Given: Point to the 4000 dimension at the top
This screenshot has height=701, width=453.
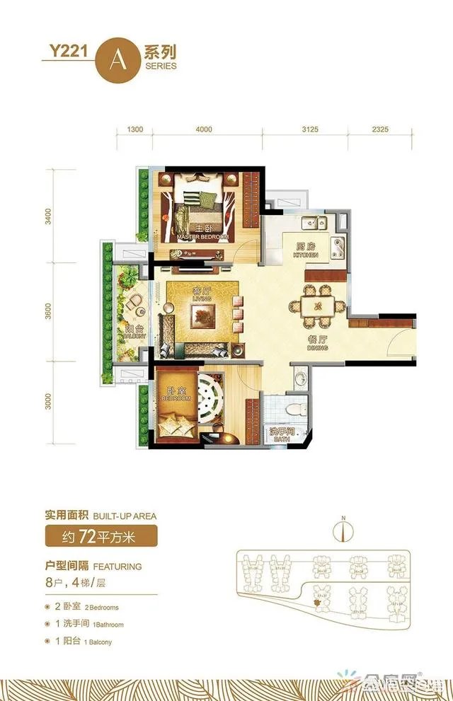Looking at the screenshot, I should coord(203,129).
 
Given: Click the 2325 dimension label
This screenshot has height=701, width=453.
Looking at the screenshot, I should coord(379,129).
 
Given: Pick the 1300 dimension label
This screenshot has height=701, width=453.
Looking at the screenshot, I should coord(135,129).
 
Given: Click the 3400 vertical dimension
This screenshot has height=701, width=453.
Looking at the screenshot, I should coord(48,215).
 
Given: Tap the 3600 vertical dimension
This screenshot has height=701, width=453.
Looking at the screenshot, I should coord(48,313).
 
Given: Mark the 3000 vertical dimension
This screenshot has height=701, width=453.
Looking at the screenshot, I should coord(48,402).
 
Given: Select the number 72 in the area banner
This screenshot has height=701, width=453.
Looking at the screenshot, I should coord(88,536).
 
